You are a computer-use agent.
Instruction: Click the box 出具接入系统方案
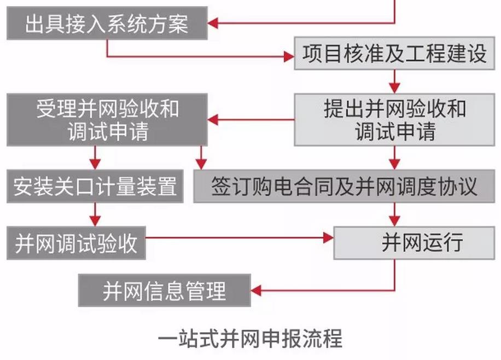pyautogui.click(x=107, y=24)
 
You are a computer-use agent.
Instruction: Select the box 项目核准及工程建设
pyautogui.click(x=394, y=54)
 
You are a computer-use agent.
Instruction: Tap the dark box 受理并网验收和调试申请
pyautogui.click(x=107, y=120)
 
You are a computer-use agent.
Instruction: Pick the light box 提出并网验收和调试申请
pyautogui.click(x=394, y=120)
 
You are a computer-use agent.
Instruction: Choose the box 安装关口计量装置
pyautogui.click(x=95, y=187)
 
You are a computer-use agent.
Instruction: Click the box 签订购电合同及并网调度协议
pyautogui.click(x=344, y=187)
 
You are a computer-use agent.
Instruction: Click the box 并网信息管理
pyautogui.click(x=165, y=291)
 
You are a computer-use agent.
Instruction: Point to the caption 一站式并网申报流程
pyautogui.click(x=250, y=338)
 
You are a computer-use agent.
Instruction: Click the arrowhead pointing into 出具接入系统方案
pyautogui.click(x=214, y=24)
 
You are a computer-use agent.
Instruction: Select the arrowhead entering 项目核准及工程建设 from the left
pyautogui.click(x=288, y=56)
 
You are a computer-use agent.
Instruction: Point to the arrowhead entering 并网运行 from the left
pyautogui.click(x=328, y=238)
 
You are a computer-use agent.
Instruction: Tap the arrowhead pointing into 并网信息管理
pyautogui.click(x=256, y=290)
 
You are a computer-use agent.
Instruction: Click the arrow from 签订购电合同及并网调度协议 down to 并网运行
pyautogui.click(x=394, y=213)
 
